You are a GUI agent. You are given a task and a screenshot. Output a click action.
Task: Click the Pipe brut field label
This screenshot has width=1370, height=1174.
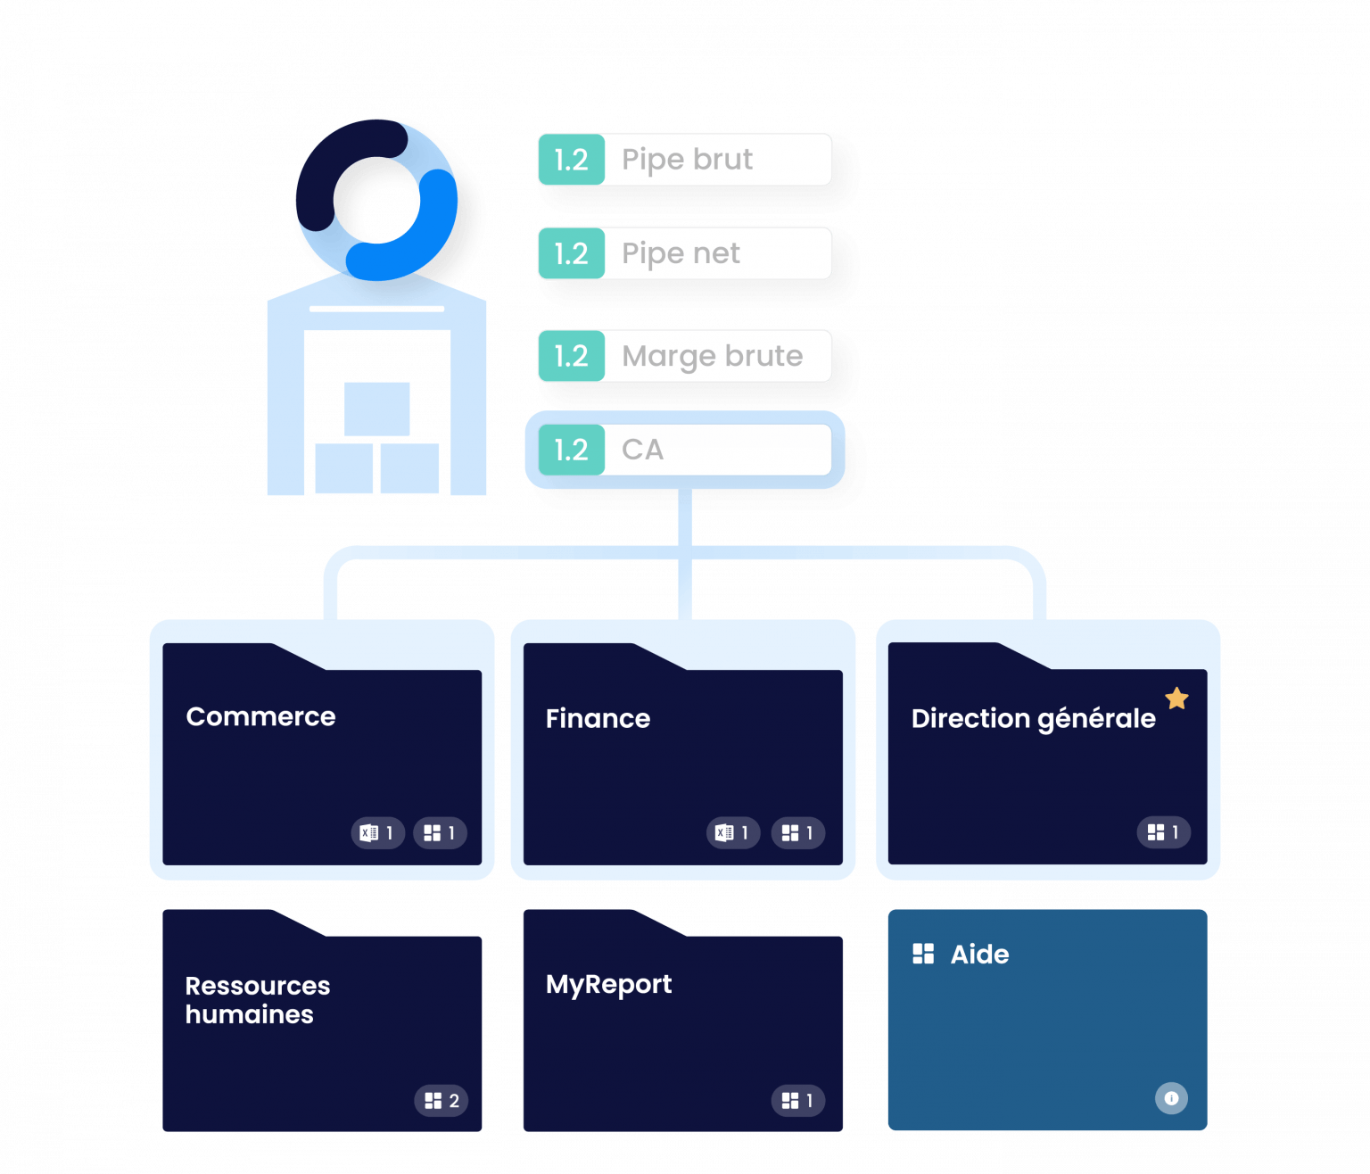pyautogui.click(x=687, y=160)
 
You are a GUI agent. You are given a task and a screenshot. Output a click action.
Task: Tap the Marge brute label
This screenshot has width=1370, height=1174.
pyautogui.click(x=712, y=356)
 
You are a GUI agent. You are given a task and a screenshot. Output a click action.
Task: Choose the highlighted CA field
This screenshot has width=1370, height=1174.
pyautogui.click(x=684, y=450)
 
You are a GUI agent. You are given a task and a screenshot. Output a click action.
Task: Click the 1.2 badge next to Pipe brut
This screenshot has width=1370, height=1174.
pyautogui.click(x=571, y=160)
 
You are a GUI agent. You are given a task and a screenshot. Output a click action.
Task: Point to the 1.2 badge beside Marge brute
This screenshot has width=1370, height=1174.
pyautogui.click(x=571, y=356)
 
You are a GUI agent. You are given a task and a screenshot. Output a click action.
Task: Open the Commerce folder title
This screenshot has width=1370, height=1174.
pyautogui.click(x=260, y=716)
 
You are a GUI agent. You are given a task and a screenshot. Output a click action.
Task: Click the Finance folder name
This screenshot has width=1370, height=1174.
pyautogui.click(x=598, y=718)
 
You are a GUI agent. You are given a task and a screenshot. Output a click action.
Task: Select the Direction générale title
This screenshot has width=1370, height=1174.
pyautogui.click(x=1033, y=718)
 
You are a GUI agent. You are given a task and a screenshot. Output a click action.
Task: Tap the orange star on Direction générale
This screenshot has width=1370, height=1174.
pyautogui.click(x=1176, y=699)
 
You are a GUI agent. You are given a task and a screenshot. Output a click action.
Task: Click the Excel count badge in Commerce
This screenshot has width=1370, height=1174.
pyautogui.click(x=377, y=832)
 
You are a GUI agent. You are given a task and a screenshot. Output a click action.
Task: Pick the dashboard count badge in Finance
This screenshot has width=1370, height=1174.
pyautogui.click(x=797, y=832)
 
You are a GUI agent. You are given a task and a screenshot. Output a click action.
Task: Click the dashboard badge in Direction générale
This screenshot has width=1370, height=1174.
pyautogui.click(x=1163, y=831)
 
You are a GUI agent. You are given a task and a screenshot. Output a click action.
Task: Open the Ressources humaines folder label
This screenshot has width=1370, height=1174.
pyautogui.click(x=257, y=999)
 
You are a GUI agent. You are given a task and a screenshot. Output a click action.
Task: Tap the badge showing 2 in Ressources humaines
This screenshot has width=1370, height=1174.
pyautogui.click(x=442, y=1100)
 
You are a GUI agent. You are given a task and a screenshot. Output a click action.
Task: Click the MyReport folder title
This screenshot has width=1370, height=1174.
pyautogui.click(x=608, y=984)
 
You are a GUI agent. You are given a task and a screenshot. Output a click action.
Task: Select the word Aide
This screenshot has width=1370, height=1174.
pyautogui.click(x=979, y=955)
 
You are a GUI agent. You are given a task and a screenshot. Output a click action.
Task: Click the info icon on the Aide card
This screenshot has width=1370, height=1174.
pyautogui.click(x=1171, y=1098)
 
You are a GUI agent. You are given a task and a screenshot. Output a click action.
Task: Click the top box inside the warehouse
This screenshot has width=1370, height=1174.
pyautogui.click(x=376, y=409)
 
